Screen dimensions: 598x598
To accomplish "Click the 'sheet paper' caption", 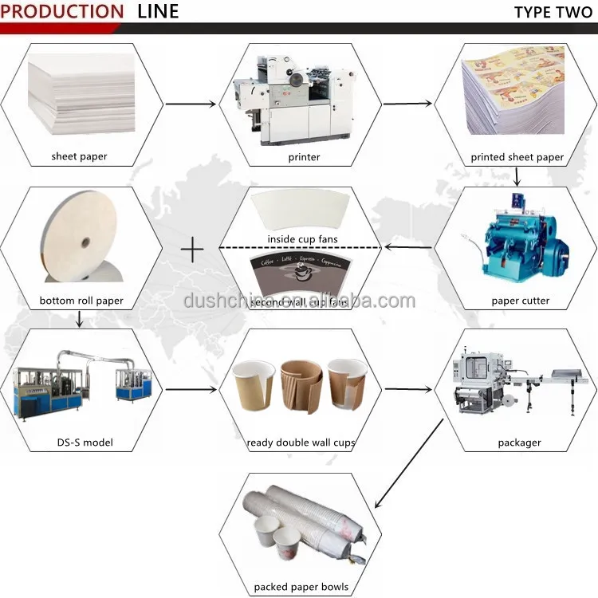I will (x=80, y=157).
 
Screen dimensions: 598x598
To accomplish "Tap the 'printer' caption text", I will (x=304, y=157).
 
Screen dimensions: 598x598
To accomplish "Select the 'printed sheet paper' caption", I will (x=517, y=157).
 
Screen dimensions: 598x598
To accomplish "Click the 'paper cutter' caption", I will (x=521, y=301).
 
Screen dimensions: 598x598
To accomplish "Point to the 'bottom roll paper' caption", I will (x=81, y=301).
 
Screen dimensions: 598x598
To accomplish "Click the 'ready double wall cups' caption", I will (x=301, y=443).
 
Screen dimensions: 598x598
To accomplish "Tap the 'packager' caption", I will (x=519, y=443).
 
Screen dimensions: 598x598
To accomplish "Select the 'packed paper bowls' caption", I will (x=301, y=588).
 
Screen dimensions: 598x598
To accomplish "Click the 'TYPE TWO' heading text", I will (x=551, y=11).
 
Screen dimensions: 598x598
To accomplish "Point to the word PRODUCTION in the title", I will (x=62, y=11).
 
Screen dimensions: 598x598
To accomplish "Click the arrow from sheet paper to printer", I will (x=191, y=104).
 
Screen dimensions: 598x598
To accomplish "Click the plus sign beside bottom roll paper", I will (x=192, y=250).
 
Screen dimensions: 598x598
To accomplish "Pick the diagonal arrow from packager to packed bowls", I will (x=408, y=464).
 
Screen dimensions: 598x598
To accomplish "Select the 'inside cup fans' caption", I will (x=304, y=239).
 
